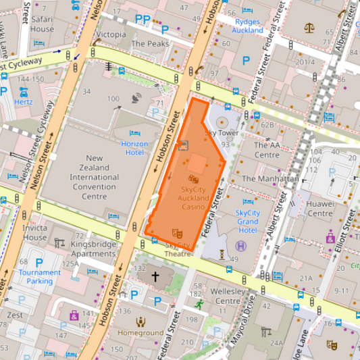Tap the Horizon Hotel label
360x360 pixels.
coord(134,148)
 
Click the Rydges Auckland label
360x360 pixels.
coord(248,26)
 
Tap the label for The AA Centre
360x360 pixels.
coord(267,150)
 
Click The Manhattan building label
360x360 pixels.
coord(269,179)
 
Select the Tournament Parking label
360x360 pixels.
coord(39,276)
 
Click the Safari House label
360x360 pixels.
coord(42,24)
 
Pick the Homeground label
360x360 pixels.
coord(140,333)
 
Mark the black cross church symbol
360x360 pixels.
coord(155,276)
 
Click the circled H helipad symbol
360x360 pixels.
coord(242,246)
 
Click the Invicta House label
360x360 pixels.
coord(34,232)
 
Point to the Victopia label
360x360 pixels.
coord(111,34)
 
